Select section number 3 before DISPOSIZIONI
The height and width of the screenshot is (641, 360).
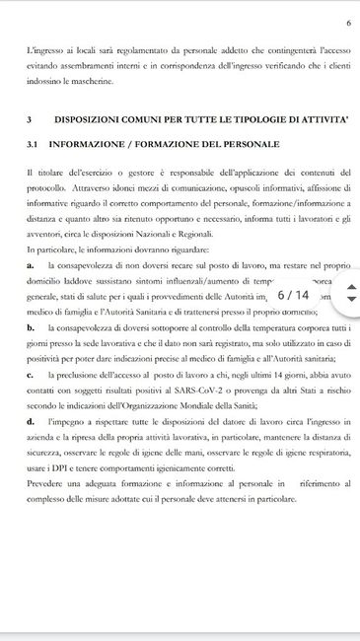pos(30,118)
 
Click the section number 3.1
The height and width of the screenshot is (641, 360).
pos(34,145)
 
